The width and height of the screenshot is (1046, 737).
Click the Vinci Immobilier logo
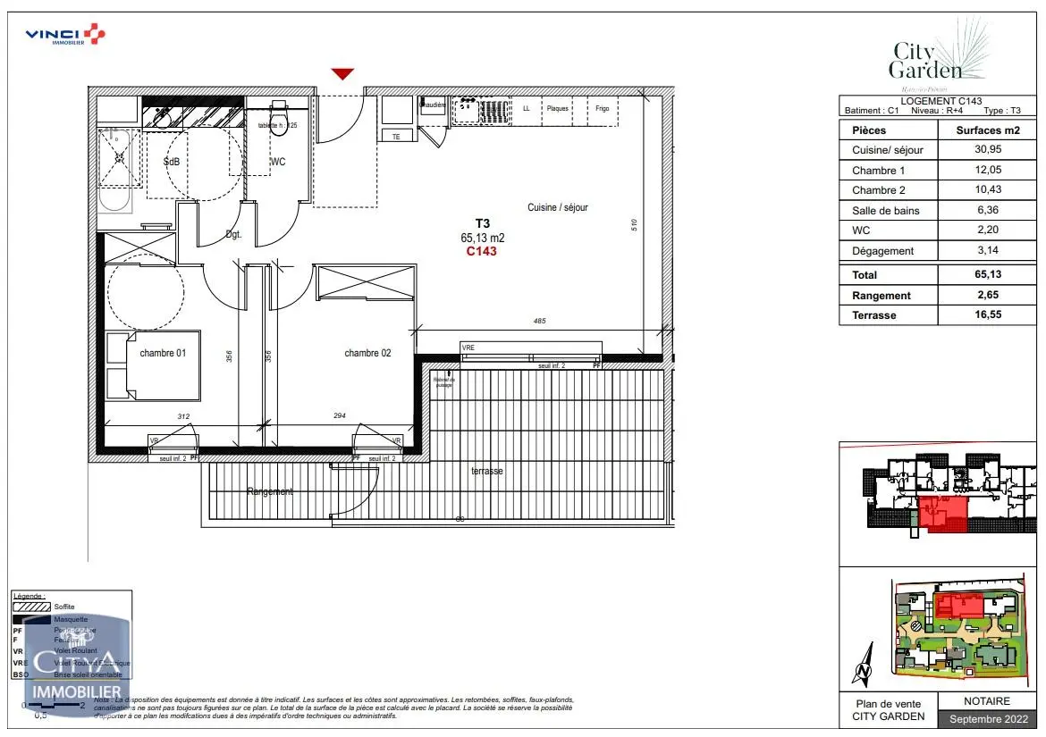coord(65,35)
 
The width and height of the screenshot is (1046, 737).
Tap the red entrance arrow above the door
coord(342,74)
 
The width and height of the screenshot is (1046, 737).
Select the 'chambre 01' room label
coord(163,354)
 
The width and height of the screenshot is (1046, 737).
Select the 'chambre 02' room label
coord(367,354)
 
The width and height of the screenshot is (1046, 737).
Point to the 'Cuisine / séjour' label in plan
coord(557,207)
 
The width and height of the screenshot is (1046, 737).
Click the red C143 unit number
coord(481,252)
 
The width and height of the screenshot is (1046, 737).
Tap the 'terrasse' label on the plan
coord(487,471)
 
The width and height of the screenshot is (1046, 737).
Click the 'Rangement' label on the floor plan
coord(270,492)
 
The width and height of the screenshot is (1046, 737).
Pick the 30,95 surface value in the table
coord(988,150)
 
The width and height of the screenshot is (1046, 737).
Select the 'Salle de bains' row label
coord(885,211)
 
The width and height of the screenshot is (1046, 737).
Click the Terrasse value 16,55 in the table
coord(988,315)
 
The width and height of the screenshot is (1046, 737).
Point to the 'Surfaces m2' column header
coord(988,130)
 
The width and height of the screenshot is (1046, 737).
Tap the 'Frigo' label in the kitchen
coord(602,109)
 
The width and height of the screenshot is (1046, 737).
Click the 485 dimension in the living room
coord(538,321)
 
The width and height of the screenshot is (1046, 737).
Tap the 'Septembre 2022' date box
coord(987,719)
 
